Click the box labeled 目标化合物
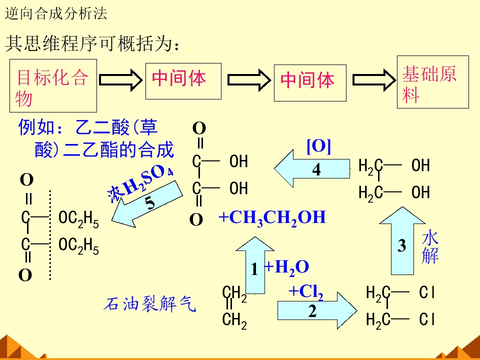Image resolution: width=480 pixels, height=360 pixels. click(x=53, y=85)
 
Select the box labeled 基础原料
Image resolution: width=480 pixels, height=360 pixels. click(x=433, y=82)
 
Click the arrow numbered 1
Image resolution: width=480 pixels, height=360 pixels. click(x=255, y=265)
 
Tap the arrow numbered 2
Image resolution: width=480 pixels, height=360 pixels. click(x=317, y=310)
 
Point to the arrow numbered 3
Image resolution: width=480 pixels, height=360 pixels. click(x=402, y=241)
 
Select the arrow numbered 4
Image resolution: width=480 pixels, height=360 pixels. click(x=312, y=168)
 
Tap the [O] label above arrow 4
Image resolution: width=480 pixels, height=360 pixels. click(x=318, y=146)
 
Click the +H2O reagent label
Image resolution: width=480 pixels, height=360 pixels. click(x=286, y=267)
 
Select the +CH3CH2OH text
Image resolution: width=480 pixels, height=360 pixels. click(x=272, y=217)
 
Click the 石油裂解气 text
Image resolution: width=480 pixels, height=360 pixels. click(x=149, y=303)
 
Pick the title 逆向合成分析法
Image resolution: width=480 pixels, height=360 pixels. click(x=56, y=14)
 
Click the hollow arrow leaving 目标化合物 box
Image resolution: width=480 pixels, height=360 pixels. click(x=120, y=80)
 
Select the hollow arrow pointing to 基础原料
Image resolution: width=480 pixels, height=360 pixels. click(x=374, y=80)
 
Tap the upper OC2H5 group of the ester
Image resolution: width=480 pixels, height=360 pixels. click(x=78, y=219)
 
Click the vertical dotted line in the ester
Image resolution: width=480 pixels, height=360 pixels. click(x=50, y=235)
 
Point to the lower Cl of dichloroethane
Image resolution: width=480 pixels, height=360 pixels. click(x=427, y=319)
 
